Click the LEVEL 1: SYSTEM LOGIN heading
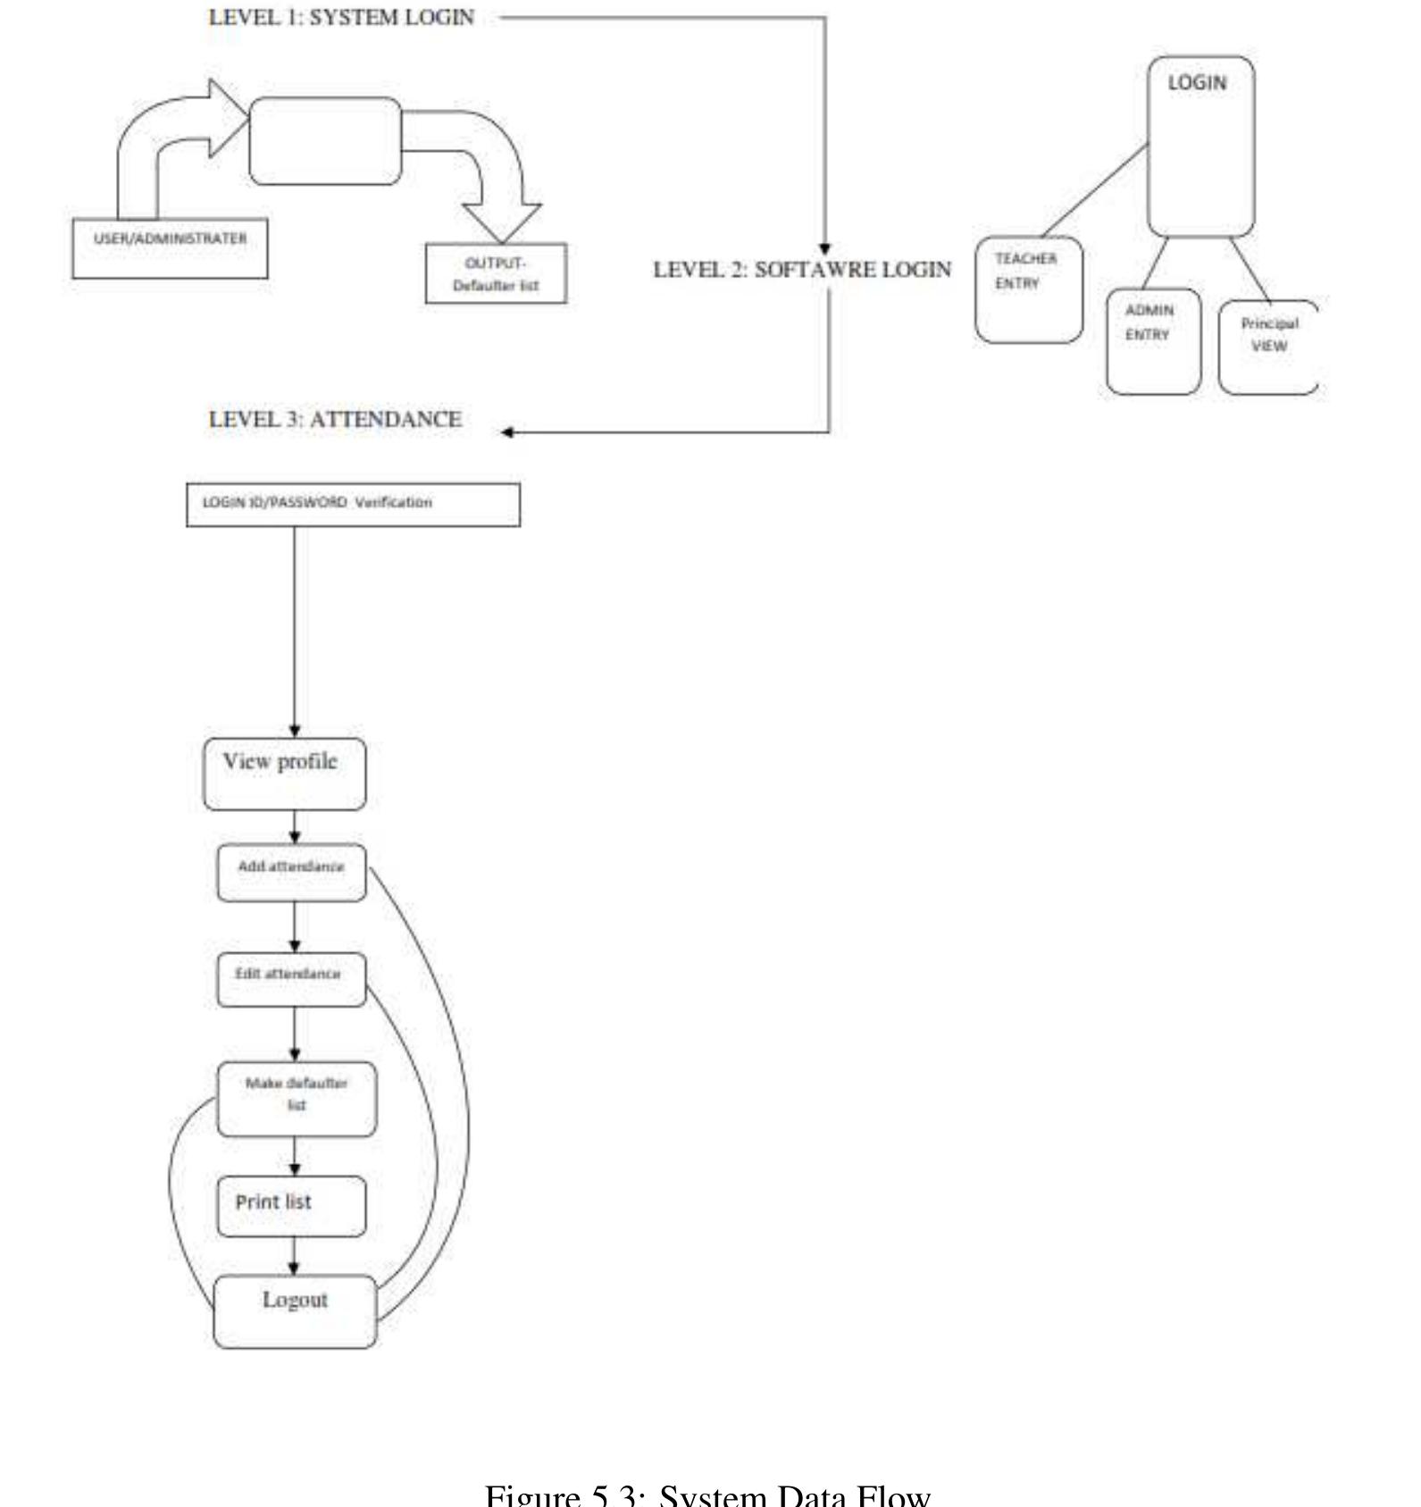pos(341,18)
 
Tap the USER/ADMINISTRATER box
pos(170,247)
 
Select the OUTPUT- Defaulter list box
pos(496,273)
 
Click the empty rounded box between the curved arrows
pos(325,141)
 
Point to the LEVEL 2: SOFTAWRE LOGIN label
pos(802,270)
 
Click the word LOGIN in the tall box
pos(1197,83)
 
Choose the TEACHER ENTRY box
pos(1028,289)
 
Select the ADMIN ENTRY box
pos(1153,340)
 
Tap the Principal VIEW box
pos(1267,346)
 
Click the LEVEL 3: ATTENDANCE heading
pos(335,420)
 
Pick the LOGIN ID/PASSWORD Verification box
pos(353,505)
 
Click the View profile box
pos(284,774)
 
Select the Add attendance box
pos(291,872)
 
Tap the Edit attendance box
pos(291,979)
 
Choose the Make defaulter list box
pos(297,1099)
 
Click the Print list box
pos(291,1206)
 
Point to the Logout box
pos(295,1310)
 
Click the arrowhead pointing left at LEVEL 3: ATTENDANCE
pos(507,432)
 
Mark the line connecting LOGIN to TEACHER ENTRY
pos(1095,189)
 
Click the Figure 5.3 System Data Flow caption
pos(707,1494)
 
